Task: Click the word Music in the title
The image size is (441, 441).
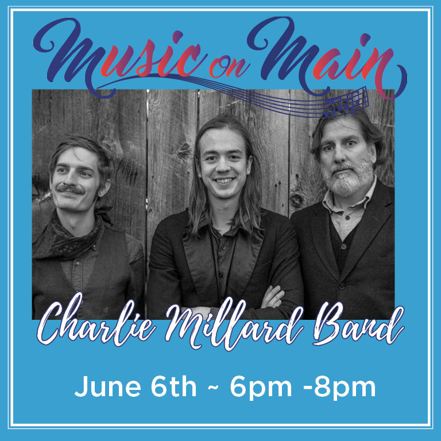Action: coord(118,56)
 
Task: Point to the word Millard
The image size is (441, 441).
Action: coord(234,323)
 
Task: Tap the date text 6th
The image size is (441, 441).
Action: coord(173,386)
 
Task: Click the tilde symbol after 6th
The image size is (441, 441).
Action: coord(213,388)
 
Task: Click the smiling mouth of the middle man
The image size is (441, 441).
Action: coord(223,180)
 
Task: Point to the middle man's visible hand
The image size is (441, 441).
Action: coord(272,296)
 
